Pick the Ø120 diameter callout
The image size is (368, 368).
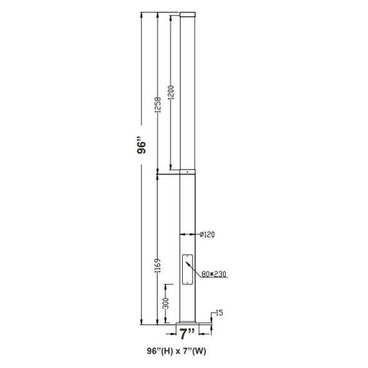coord(208,235)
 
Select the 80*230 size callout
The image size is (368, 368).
coord(214,273)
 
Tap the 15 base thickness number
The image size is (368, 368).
coord(219,312)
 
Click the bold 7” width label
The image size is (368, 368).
coord(187,332)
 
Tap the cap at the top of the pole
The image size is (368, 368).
coord(187,14)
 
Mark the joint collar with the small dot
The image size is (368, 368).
coord(187,170)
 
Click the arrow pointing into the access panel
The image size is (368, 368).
coord(195,266)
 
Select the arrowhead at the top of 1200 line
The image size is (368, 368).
coord(172,14)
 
